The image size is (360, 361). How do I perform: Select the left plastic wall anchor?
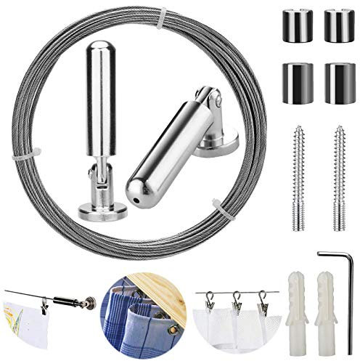click(286, 306)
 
